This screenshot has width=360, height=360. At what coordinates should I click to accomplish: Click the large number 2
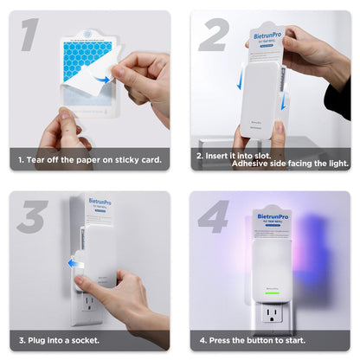coord(213,34)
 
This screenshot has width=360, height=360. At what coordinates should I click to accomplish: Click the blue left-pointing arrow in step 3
coord(75,263)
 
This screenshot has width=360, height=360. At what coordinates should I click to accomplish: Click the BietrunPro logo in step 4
coord(272,216)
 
